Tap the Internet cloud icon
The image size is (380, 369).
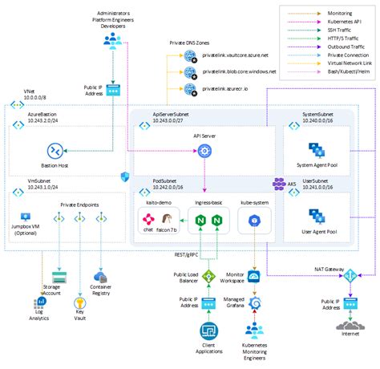click(x=350, y=326)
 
